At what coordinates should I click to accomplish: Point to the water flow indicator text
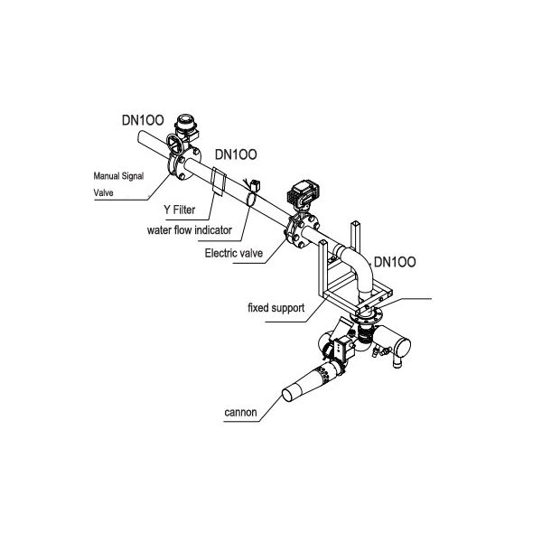190,229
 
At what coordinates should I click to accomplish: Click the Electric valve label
233,254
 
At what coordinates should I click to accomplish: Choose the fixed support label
276,309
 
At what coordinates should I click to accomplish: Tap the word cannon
241,414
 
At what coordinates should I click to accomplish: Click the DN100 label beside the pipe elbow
395,262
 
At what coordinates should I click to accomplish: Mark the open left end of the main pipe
143,138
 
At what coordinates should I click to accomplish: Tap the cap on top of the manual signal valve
186,121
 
